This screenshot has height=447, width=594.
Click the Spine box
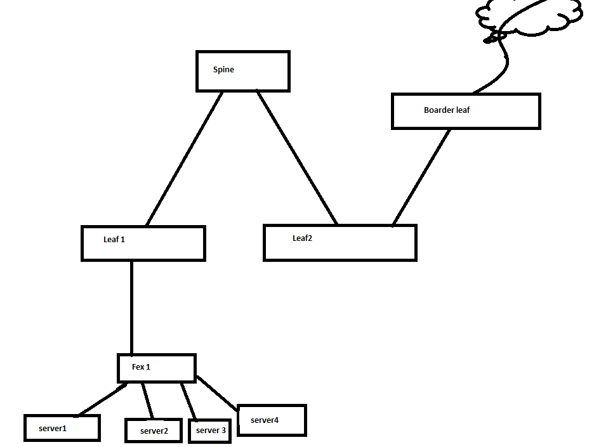(x=243, y=72)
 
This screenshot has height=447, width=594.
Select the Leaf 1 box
(x=143, y=243)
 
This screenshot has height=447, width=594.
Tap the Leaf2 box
(x=340, y=243)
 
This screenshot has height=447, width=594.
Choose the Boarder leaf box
(x=466, y=112)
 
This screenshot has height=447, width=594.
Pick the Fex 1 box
(x=157, y=368)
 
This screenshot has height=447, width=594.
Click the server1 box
(x=62, y=428)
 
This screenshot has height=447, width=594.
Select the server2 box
(x=154, y=431)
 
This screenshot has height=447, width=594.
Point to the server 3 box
(x=210, y=431)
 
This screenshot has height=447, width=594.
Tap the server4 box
(x=272, y=420)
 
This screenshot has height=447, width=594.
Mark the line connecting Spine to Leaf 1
(x=184, y=159)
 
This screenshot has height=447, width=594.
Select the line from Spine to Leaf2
(x=297, y=158)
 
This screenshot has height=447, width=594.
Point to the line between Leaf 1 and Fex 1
(x=132, y=308)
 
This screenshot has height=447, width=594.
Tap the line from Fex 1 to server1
(x=102, y=399)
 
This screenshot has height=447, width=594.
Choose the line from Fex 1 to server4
(x=217, y=393)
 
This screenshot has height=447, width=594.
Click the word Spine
(x=223, y=70)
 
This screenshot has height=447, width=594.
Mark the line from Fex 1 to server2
(x=148, y=401)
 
